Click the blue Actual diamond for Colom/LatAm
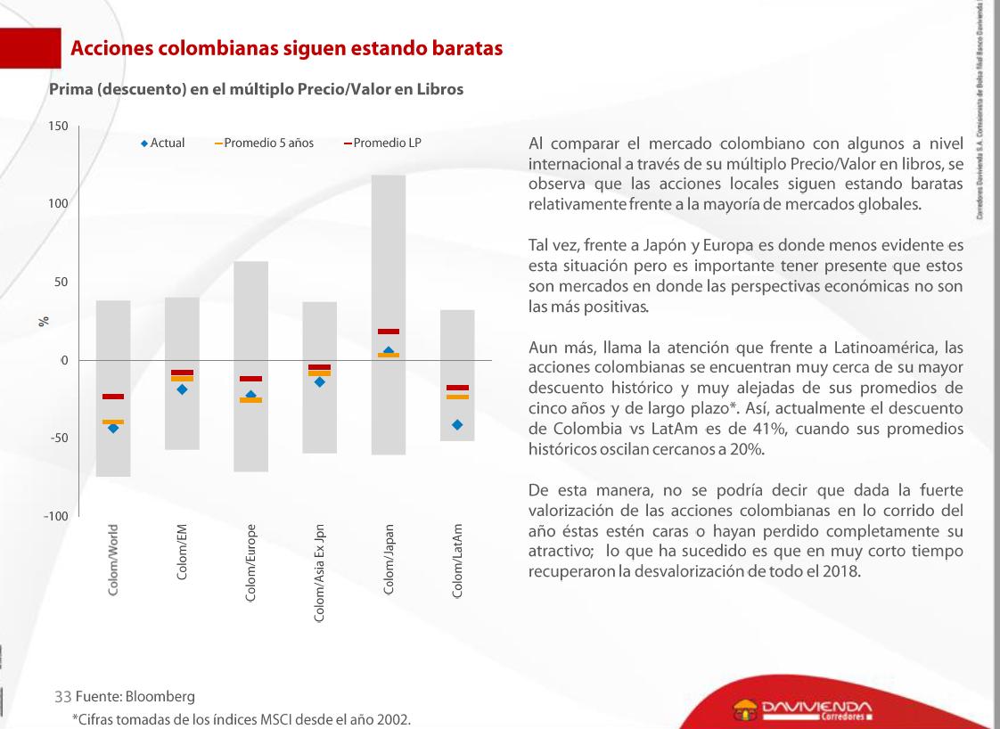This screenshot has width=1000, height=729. pyautogui.click(x=457, y=425)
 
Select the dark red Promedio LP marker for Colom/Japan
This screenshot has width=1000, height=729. pyautogui.click(x=389, y=332)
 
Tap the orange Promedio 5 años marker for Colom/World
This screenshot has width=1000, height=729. pyautogui.click(x=113, y=421)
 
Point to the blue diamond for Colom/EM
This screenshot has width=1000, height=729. pyautogui.click(x=182, y=389)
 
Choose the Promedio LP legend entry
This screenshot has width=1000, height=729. pyautogui.click(x=382, y=143)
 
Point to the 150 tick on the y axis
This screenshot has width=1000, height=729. pyautogui.click(x=58, y=127)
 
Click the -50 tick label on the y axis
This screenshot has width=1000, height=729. pyautogui.click(x=58, y=438)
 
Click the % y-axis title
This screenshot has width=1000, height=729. pyautogui.click(x=42, y=322)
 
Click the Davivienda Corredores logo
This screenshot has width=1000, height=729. pyautogui.click(x=801, y=710)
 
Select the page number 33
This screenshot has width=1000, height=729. pyautogui.click(x=62, y=696)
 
